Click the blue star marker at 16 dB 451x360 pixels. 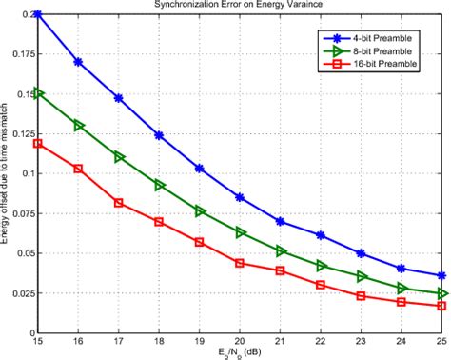coord(78,61)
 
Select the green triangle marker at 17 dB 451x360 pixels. coord(118,156)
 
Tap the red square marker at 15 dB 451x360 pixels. coord(37,143)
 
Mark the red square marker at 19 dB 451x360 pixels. coord(199,242)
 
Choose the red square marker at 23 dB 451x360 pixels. coord(362,296)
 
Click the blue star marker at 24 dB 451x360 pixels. coord(402,269)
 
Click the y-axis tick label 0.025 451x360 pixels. coord(17,294)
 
